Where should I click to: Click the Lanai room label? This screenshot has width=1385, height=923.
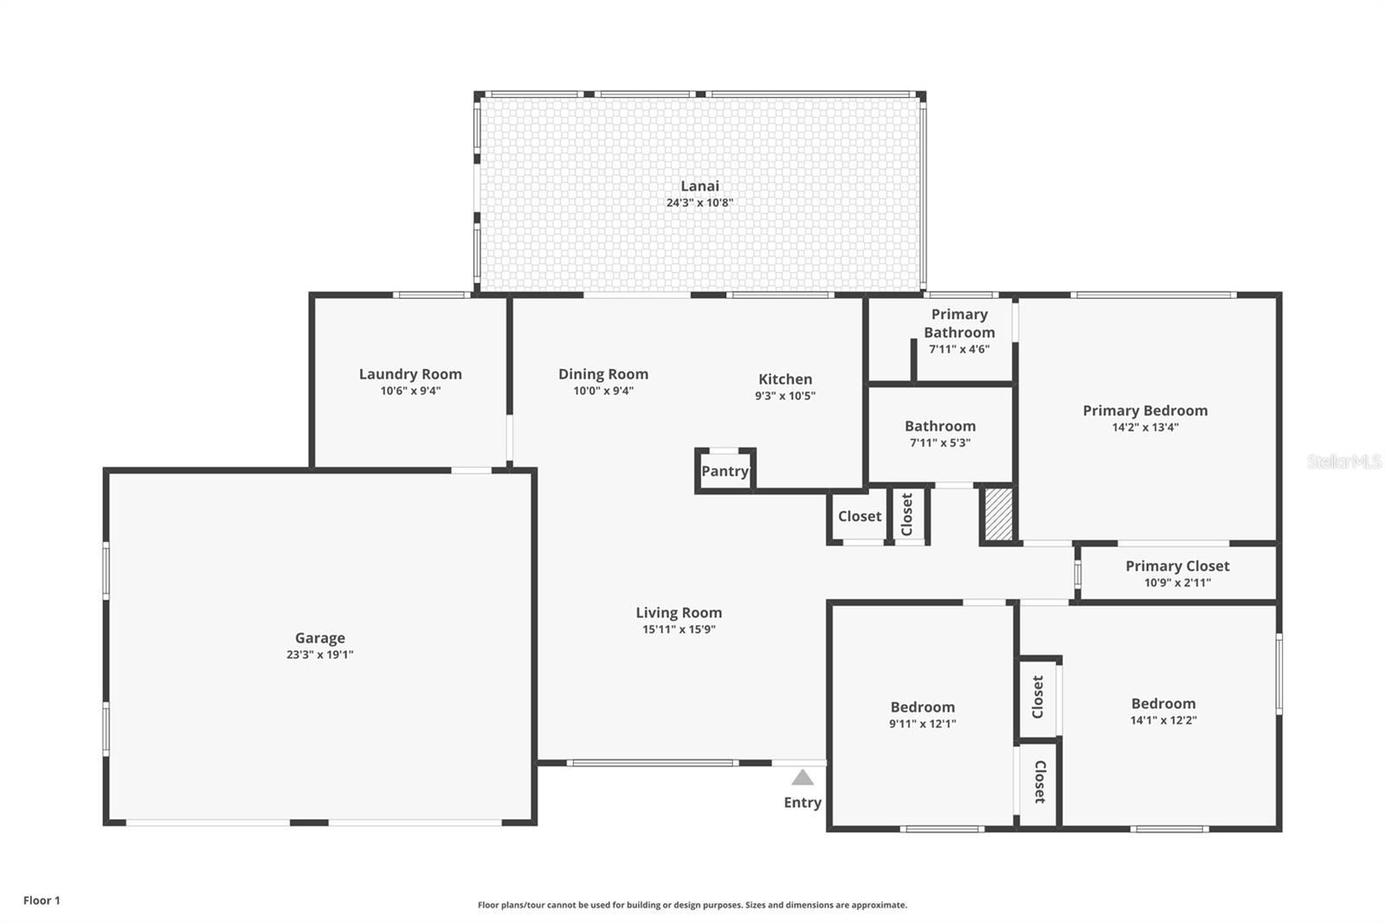pyautogui.click(x=699, y=186)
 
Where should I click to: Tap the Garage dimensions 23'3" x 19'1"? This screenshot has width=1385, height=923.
pyautogui.click(x=319, y=655)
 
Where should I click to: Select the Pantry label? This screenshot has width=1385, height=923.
pyautogui.click(x=725, y=471)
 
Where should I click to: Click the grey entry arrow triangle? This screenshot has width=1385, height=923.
pyautogui.click(x=802, y=778)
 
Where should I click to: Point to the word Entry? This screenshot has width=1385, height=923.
pyautogui.click(x=802, y=803)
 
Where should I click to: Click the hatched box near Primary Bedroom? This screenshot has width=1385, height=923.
pyautogui.click(x=998, y=515)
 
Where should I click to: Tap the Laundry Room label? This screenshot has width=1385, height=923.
pyautogui.click(x=410, y=374)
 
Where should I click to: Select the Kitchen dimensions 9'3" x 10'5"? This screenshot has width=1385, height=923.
pyautogui.click(x=785, y=396)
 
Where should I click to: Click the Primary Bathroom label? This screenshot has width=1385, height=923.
pyautogui.click(x=959, y=323)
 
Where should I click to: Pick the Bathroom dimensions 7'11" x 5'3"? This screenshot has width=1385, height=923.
pyautogui.click(x=940, y=442)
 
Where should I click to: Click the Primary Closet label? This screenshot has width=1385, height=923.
pyautogui.click(x=1177, y=566)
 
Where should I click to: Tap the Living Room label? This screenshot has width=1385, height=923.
pyautogui.click(x=679, y=613)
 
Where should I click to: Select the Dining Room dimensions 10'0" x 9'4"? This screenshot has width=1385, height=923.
pyautogui.click(x=603, y=390)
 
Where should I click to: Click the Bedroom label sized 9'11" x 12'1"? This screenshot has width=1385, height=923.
pyautogui.click(x=923, y=707)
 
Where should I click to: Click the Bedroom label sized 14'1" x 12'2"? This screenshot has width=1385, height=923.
pyautogui.click(x=1163, y=704)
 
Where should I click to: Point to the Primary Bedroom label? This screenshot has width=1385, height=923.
pyautogui.click(x=1144, y=410)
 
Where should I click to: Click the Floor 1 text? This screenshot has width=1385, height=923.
pyautogui.click(x=42, y=900)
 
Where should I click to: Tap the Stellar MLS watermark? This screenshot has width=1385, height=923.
pyautogui.click(x=1343, y=461)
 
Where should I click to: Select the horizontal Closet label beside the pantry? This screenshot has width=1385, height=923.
pyautogui.click(x=860, y=516)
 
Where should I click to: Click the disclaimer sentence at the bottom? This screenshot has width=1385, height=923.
pyautogui.click(x=692, y=905)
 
